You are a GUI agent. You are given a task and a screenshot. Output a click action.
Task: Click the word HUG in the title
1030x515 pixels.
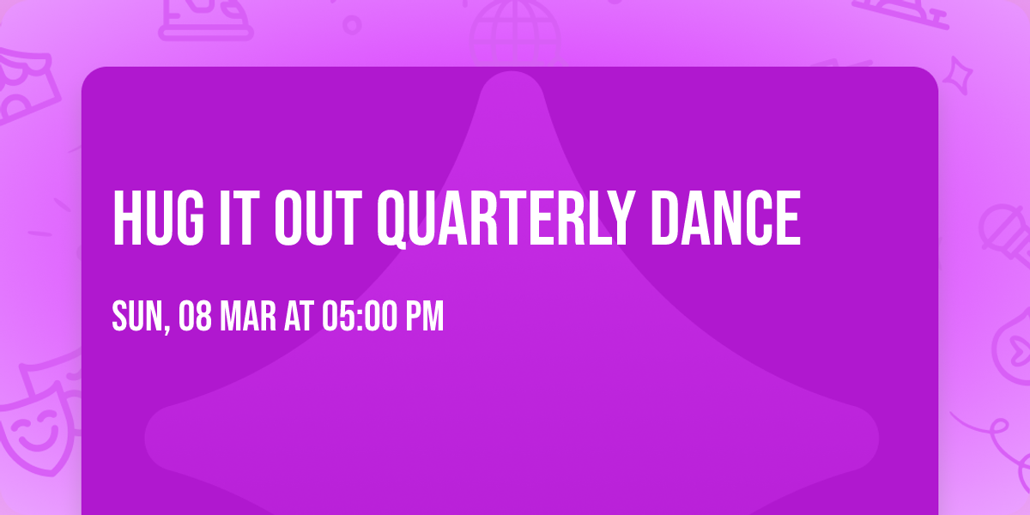coord(153,220)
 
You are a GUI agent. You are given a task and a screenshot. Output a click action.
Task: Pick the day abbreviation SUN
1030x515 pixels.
coord(136,318)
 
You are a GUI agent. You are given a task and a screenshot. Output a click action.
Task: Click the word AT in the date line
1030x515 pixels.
coord(299,318)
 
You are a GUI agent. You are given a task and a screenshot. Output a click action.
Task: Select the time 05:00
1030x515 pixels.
coord(359,318)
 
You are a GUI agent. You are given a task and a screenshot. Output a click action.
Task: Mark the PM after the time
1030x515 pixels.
coord(425,318)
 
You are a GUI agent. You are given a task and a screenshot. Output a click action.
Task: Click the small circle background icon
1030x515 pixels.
coord(352,24)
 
